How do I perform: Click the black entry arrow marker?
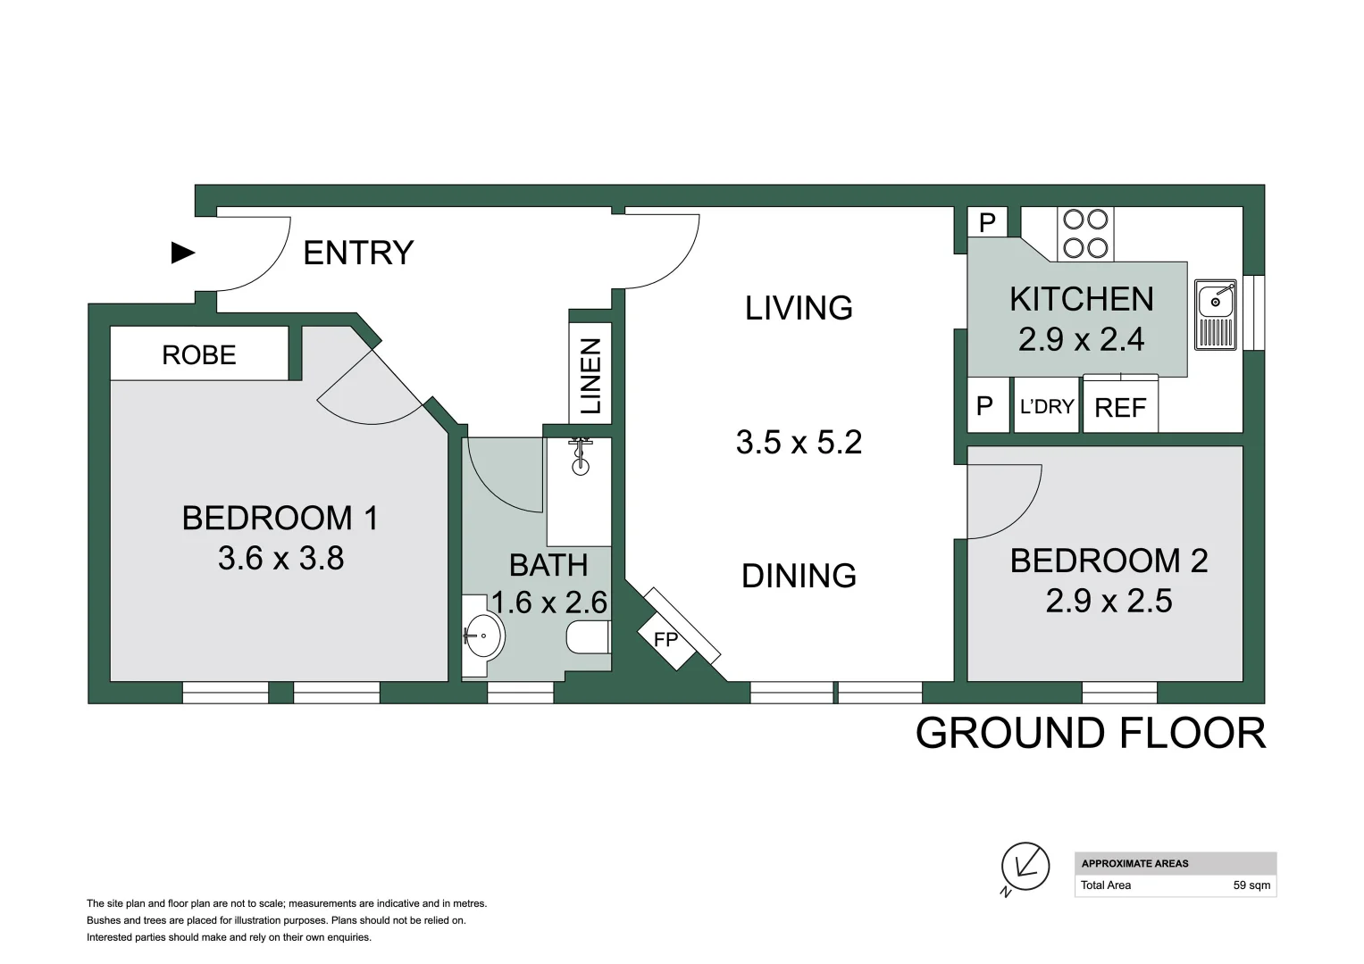[183, 253]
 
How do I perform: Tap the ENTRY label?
[359, 253]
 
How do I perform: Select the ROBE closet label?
[199, 355]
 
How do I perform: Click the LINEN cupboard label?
[590, 376]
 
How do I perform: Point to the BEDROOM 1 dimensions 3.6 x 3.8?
[280, 558]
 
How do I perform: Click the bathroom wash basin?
[482, 636]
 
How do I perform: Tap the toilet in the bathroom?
[589, 637]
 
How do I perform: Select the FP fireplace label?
[665, 640]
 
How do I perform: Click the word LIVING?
[799, 308]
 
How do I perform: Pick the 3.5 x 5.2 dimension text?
[799, 443]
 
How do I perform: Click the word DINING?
[799, 576]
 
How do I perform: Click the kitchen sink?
[1216, 314]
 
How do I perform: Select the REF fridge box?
[1120, 403]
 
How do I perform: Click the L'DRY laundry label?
[1047, 406]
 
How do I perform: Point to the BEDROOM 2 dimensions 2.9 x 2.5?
[1109, 601]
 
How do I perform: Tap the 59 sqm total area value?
[1252, 885]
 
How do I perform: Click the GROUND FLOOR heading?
[1091, 734]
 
